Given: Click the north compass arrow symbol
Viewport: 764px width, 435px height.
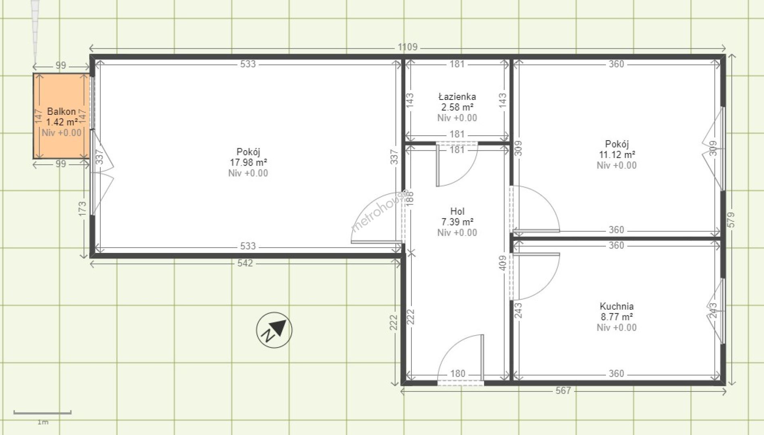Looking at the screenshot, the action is tap(274, 330).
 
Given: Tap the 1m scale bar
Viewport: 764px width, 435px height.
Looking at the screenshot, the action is tap(42, 412).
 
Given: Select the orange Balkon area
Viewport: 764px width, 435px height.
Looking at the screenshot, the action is tap(61, 116).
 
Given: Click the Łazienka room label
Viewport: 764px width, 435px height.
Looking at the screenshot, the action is tap(457, 97).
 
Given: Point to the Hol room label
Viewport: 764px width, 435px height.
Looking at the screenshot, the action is tap(457, 211).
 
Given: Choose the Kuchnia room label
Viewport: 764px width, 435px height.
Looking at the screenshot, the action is tap(617, 306).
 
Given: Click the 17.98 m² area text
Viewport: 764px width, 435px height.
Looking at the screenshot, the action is tap(248, 162).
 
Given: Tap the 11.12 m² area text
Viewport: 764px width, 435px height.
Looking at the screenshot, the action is tap(617, 155).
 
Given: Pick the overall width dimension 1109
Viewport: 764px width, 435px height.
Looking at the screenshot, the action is tap(407, 47).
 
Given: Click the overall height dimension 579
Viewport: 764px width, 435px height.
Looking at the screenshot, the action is tap(731, 220).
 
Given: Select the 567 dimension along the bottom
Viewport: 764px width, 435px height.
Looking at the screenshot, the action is tap(563, 390).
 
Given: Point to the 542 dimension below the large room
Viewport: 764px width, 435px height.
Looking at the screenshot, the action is tap(245, 263).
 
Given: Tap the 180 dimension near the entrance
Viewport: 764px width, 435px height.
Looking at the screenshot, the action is tap(458, 373).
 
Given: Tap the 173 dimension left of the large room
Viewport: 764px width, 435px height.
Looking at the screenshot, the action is tap(82, 209).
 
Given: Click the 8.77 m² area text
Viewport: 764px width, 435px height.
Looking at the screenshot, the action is tap(617, 317).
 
